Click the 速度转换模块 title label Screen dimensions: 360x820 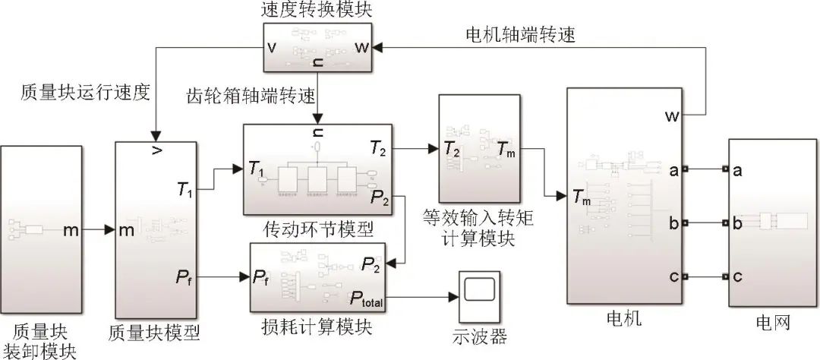pyautogui.click(x=317, y=11)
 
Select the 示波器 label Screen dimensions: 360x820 pyautogui.click(x=478, y=336)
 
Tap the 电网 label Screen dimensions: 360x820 pyautogui.click(x=773, y=323)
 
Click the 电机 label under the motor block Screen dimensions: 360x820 pyautogui.click(x=625, y=320)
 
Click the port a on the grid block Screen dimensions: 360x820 pyautogui.click(x=736, y=171)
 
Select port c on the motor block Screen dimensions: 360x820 pyautogui.click(x=673, y=276)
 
